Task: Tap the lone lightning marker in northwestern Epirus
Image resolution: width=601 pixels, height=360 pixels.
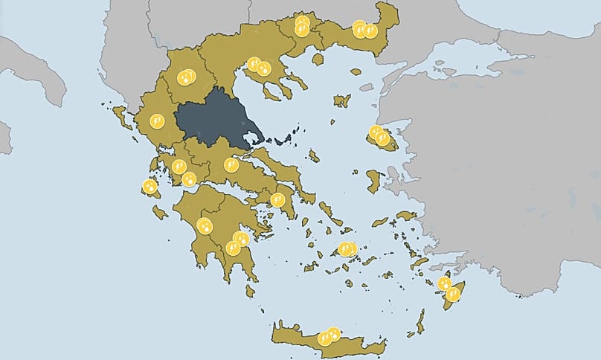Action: [157, 120]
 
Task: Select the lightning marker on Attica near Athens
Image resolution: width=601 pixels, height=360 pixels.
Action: [277, 199]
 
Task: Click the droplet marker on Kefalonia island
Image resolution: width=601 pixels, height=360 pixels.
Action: [150, 187]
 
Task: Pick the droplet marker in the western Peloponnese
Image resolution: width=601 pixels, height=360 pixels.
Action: [205, 226]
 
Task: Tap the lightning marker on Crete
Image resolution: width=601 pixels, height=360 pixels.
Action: [324, 338]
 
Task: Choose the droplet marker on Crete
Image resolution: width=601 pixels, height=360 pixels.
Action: [334, 334]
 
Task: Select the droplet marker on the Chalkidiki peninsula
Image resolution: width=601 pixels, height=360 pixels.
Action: [263, 70]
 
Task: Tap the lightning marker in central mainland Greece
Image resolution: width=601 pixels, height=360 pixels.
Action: [231, 164]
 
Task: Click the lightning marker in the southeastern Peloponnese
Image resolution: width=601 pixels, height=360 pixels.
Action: [233, 248]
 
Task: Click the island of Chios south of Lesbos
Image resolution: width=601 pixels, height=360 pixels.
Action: [374, 181]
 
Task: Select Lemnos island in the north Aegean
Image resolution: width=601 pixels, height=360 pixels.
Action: [342, 100]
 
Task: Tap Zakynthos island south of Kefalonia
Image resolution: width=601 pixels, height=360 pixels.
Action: [160, 212]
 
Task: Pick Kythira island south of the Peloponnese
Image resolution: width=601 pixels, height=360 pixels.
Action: [250, 291]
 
